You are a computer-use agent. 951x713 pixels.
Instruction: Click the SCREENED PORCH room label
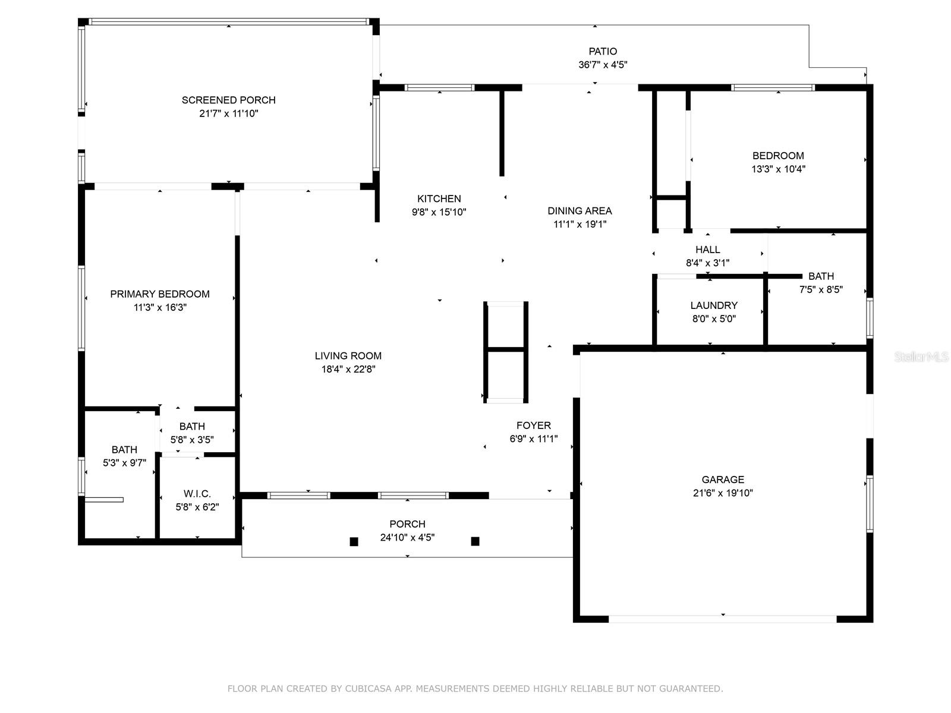tap(228, 100)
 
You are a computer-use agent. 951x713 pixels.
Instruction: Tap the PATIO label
tap(603, 51)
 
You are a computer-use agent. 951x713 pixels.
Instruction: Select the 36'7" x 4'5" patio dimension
tap(603, 65)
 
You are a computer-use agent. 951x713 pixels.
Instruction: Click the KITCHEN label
tap(439, 198)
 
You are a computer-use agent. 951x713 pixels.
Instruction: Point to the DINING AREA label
tap(580, 211)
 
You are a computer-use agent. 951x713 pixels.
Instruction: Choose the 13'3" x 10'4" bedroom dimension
tap(778, 169)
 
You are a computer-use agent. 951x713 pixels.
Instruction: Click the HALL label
tap(707, 250)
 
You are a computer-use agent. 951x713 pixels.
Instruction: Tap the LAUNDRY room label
tap(714, 305)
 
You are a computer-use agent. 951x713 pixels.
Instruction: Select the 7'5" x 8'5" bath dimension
tap(821, 289)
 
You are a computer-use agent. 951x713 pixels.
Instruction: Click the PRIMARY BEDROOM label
tap(160, 294)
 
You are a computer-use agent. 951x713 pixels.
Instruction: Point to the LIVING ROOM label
tap(348, 356)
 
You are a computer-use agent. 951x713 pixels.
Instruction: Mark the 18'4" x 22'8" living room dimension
tap(348, 369)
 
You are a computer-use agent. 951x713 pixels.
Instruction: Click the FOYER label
tap(533, 425)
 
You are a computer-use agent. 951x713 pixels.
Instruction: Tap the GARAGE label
tap(723, 479)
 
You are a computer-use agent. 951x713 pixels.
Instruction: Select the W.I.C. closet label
tap(197, 494)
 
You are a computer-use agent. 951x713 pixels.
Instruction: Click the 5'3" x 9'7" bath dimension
tap(124, 463)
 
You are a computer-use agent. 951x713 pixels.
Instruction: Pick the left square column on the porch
tap(354, 541)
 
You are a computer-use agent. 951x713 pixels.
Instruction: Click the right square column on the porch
tap(475, 541)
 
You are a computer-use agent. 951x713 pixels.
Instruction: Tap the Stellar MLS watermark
tap(921, 356)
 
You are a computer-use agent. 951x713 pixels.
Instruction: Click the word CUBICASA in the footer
tap(369, 688)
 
